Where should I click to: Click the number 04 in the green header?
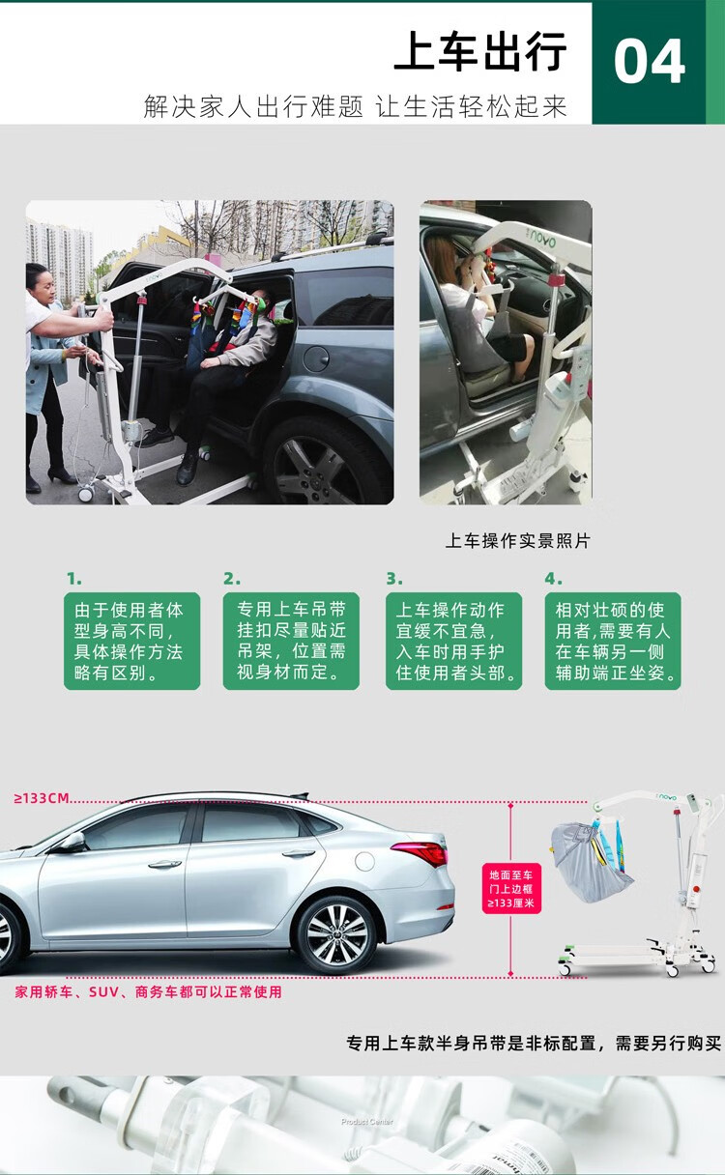click(x=649, y=62)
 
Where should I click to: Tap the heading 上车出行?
click(x=480, y=51)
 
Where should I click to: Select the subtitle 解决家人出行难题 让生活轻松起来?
click(x=355, y=106)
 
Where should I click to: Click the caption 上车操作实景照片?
click(x=518, y=541)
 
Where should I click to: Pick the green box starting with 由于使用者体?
click(x=131, y=641)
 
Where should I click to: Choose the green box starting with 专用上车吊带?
click(x=291, y=641)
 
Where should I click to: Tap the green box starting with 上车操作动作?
click(x=453, y=641)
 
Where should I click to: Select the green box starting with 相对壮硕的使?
click(x=613, y=641)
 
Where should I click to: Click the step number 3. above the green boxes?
click(x=394, y=579)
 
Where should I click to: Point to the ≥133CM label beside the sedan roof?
click(x=42, y=798)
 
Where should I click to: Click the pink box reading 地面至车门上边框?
click(x=511, y=889)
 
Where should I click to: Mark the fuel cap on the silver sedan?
click(x=364, y=861)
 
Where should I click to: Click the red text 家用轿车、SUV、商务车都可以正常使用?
click(x=149, y=992)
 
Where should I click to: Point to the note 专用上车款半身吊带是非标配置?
click(x=471, y=1043)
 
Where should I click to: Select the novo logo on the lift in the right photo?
click(x=542, y=241)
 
